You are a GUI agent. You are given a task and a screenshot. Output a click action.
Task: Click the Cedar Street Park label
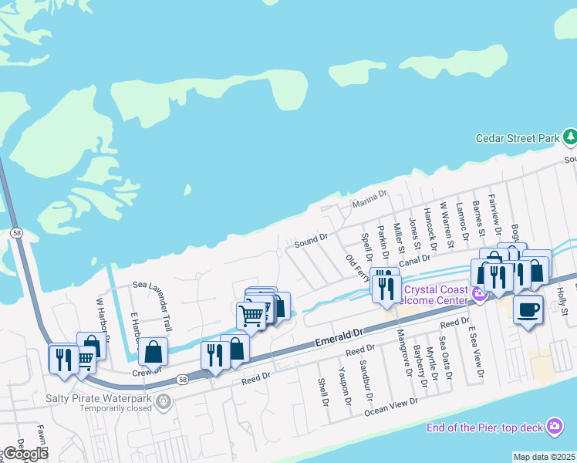pyautogui.click(x=517, y=138)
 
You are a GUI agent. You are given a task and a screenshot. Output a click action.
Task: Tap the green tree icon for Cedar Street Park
pyautogui.click(x=570, y=137)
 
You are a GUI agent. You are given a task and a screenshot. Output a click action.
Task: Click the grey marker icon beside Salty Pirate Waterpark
pyautogui.click(x=162, y=401)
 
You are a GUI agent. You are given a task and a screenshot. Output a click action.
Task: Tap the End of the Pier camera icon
pyautogui.click(x=555, y=426)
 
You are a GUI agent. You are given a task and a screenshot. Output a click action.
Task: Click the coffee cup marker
pyautogui.click(x=528, y=309)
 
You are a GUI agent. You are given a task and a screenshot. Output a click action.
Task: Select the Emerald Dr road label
pyautogui.click(x=339, y=336)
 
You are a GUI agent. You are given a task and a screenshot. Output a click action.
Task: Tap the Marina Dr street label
pyautogui.click(x=369, y=202)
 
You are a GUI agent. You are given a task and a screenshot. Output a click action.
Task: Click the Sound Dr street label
pyautogui.click(x=311, y=242)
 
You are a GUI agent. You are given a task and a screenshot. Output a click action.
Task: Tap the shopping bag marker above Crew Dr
pyautogui.click(x=154, y=352)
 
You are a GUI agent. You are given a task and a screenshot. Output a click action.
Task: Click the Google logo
pyautogui.click(x=25, y=454)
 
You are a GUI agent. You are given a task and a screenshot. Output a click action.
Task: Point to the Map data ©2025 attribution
pyautogui.click(x=545, y=457)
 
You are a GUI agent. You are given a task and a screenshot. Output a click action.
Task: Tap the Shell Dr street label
pyautogui.click(x=323, y=392)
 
